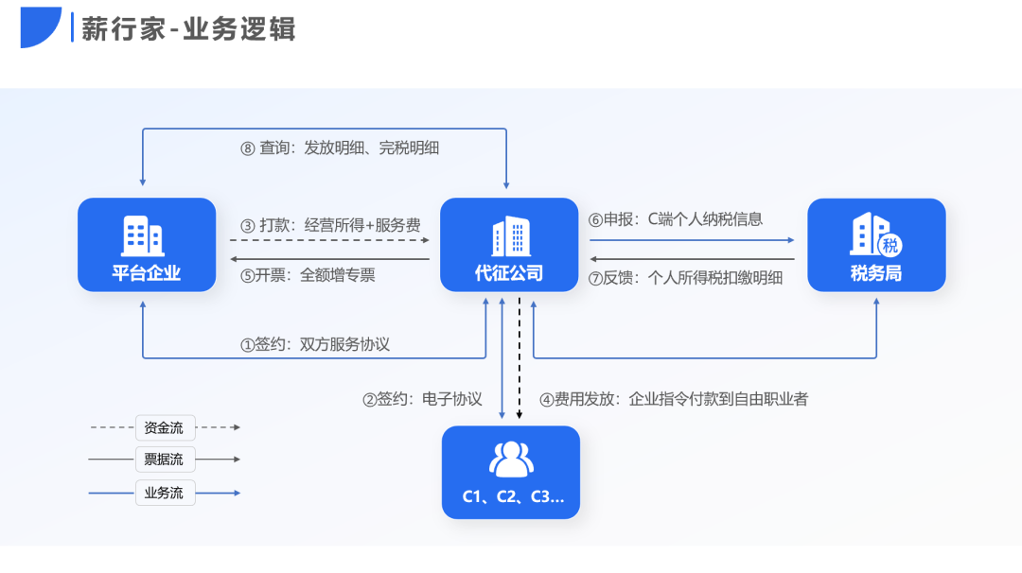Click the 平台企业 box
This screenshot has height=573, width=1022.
(147, 245)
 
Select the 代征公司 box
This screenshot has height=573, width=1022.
(509, 245)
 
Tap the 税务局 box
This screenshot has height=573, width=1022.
(876, 245)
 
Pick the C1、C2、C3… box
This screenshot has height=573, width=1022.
(511, 472)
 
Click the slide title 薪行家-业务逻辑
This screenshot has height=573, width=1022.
(188, 28)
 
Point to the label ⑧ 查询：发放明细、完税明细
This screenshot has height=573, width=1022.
(340, 148)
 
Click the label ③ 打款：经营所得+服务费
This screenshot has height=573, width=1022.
(330, 225)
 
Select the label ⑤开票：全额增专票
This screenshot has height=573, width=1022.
(308, 275)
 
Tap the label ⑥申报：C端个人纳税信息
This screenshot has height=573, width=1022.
(676, 219)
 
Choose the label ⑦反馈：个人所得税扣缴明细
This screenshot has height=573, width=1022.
(685, 278)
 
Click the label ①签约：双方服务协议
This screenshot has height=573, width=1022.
(315, 344)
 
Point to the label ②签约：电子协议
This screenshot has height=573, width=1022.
(422, 399)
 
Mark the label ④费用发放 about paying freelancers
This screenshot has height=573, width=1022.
(673, 399)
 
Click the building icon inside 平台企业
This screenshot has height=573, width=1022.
(143, 235)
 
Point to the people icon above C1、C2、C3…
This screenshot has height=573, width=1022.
(511, 459)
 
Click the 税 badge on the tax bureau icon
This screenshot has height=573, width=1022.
(890, 247)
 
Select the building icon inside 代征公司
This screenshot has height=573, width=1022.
(510, 235)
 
